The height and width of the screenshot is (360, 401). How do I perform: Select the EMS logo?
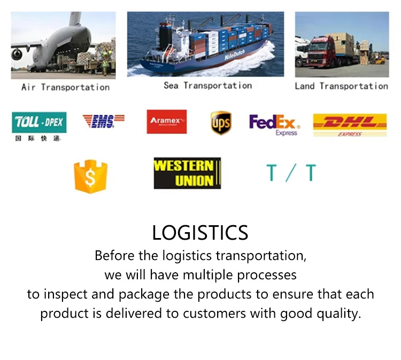click(103, 121)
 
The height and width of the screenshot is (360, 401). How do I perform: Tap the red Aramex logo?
click(167, 121)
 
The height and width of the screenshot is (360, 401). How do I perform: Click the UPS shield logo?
click(221, 123)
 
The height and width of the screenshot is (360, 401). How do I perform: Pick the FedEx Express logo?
click(275, 125)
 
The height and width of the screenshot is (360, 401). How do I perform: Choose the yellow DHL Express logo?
click(350, 125)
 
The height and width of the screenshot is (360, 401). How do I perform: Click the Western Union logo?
click(188, 173)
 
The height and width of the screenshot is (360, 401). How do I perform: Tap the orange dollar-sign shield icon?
click(90, 177)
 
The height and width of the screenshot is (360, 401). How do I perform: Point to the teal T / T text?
click(291, 173)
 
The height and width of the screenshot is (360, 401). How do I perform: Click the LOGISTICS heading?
click(200, 233)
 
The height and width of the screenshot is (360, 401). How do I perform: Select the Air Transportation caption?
click(65, 87)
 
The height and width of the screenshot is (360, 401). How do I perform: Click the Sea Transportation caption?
click(207, 86)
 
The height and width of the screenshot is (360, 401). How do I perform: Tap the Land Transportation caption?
click(342, 86)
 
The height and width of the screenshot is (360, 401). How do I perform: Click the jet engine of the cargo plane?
click(17, 54)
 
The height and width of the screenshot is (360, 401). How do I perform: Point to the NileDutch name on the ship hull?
click(235, 55)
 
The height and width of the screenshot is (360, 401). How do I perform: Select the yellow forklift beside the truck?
click(377, 59)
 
